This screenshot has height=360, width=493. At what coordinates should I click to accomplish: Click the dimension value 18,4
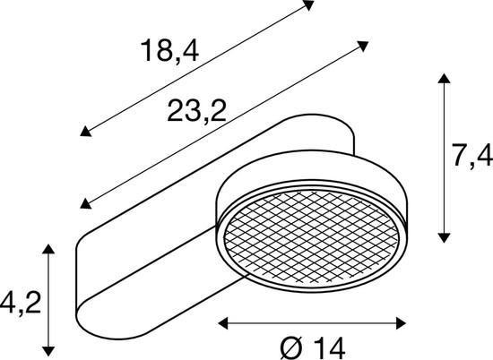click(168, 52)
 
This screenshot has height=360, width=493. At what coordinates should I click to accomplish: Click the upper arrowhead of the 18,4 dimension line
click(309, 4)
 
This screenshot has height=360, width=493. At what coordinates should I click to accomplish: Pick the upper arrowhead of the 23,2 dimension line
click(364, 43)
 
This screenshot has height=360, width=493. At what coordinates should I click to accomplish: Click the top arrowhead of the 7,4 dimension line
click(443, 79)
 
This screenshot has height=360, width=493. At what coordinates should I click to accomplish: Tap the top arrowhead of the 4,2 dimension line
click(49, 244)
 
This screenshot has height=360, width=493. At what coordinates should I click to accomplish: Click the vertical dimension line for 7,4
click(443, 157)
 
